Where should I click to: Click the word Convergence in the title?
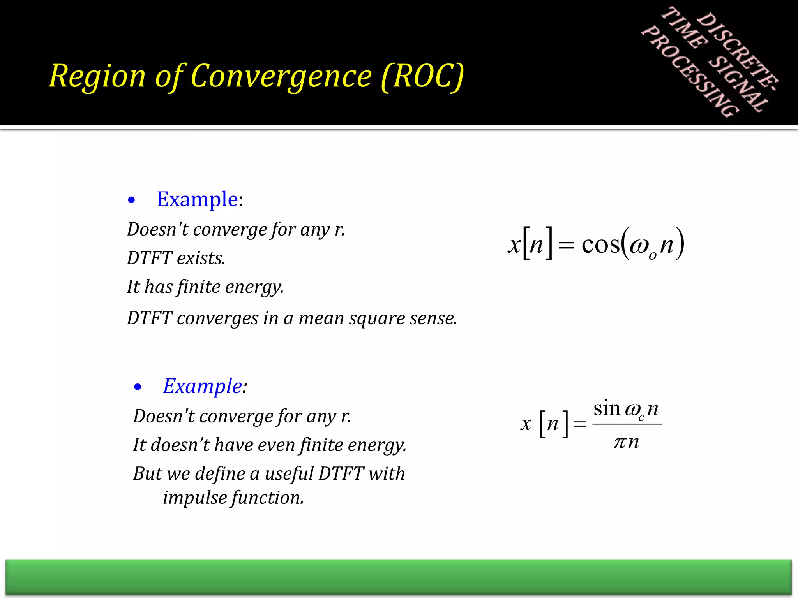281,76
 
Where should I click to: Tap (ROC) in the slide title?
422,76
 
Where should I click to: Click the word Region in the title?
97,76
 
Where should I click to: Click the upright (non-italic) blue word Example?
197,199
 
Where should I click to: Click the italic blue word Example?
203,386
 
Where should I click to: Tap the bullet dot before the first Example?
131,201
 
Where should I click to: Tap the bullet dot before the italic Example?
138,387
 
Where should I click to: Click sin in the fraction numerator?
607,409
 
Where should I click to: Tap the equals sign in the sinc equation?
580,424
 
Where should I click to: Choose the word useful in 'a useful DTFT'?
289,474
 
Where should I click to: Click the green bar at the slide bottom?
398,577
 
